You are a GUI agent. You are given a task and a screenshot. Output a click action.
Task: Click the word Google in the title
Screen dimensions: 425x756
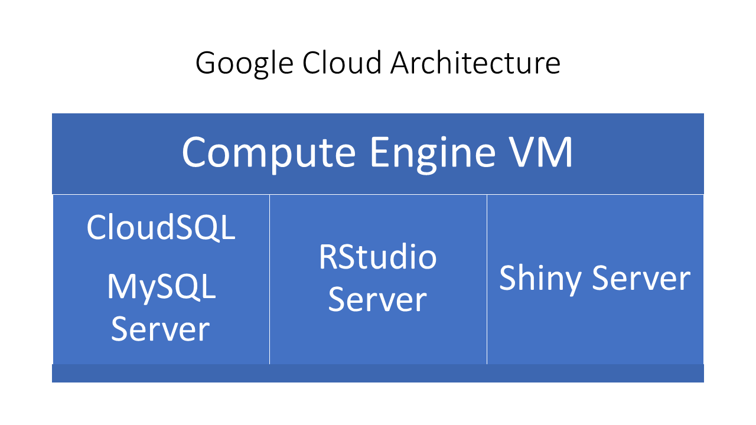[243, 63]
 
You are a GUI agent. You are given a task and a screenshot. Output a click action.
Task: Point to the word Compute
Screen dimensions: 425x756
[268, 152]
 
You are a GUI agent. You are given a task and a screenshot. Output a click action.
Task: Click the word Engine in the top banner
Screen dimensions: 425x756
[432, 152]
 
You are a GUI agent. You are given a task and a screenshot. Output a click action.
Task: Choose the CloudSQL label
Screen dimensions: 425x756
[161, 227]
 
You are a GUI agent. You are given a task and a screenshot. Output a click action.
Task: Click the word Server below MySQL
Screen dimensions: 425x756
[161, 329]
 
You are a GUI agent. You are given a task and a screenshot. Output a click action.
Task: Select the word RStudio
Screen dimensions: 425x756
[377, 257]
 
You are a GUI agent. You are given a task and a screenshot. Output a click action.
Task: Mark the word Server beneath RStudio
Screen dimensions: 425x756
[377, 299]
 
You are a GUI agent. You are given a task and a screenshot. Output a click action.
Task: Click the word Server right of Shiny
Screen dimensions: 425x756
[641, 278]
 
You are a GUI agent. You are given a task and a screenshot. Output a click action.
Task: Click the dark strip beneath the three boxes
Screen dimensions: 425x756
[378, 373]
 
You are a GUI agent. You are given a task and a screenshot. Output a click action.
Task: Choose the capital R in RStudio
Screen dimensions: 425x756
[327, 257]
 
